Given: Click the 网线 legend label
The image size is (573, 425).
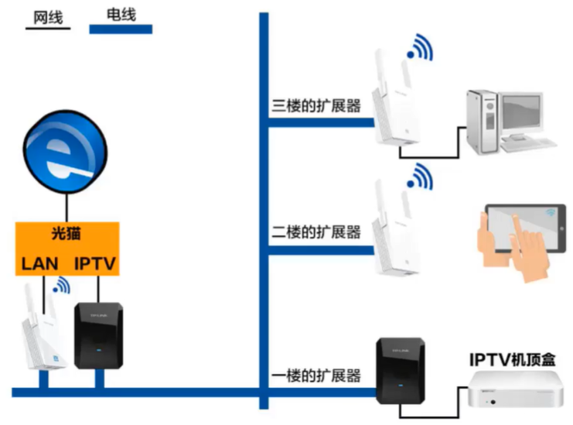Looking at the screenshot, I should pos(48,17).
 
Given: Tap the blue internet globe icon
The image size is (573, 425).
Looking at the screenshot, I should pos(67,153).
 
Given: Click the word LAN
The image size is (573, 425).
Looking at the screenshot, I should pos(39,264).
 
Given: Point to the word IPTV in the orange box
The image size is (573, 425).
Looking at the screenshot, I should pos(95,264).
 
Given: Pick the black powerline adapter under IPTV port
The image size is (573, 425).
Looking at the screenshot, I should pos(98,334).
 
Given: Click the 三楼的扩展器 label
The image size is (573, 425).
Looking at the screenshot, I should pos(317,106).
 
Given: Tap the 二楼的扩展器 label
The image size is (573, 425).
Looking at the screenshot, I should pos(317,231).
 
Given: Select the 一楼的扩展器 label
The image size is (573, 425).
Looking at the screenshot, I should pos(317,376).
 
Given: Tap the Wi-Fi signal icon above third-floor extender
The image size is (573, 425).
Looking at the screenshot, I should pos(421,48).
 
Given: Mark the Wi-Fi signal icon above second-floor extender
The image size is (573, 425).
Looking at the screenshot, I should pos(421,176).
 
